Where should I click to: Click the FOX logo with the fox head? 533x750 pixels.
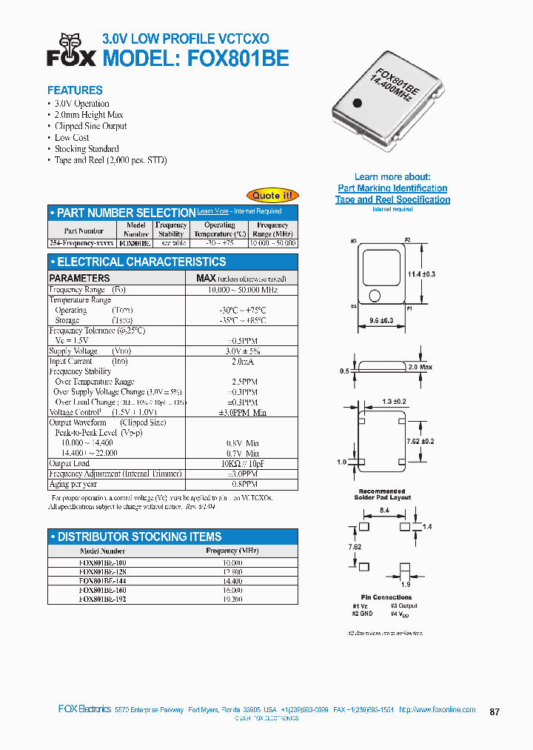(72, 50)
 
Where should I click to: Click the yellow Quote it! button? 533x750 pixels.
(272, 195)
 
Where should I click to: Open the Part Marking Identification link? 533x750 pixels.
(392, 188)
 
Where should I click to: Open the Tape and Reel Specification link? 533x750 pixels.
(392, 199)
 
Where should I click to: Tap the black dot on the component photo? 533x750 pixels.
(357, 104)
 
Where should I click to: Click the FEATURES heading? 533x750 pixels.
(75, 90)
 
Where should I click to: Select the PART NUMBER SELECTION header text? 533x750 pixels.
(126, 213)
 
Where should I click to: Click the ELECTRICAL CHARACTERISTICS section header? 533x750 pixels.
(141, 262)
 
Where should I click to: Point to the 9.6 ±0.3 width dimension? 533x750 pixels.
(381, 321)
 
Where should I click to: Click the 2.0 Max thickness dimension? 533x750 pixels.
(420, 367)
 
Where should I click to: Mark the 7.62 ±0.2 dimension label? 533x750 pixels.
(421, 441)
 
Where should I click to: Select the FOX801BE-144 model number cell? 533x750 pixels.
(103, 580)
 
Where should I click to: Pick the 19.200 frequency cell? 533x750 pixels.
(232, 599)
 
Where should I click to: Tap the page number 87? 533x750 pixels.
(495, 711)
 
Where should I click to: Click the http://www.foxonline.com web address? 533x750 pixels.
(437, 709)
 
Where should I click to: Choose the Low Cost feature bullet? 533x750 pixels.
(72, 138)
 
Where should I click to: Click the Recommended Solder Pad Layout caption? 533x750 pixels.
(385, 494)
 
